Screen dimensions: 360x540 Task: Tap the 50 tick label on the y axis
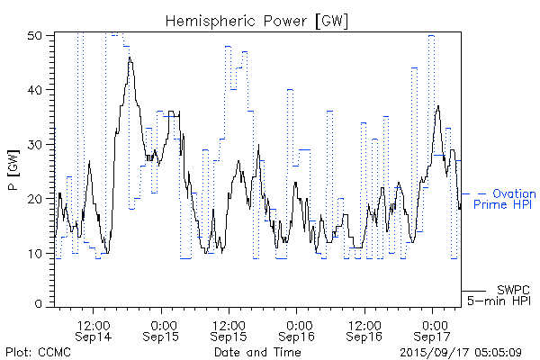point(37,36)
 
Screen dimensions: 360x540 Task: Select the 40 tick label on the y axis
point(37,90)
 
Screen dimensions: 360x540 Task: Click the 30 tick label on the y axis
point(37,144)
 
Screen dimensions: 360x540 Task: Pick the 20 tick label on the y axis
point(37,198)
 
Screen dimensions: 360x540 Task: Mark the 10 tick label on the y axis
point(37,253)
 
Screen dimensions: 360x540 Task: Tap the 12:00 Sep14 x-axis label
point(94,329)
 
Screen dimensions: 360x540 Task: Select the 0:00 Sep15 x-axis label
point(162,329)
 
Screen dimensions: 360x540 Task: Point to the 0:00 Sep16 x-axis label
point(297,329)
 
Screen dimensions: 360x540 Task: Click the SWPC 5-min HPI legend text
point(508,294)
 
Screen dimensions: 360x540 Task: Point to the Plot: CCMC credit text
point(38,352)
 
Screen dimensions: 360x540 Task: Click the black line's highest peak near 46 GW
point(130,58)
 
